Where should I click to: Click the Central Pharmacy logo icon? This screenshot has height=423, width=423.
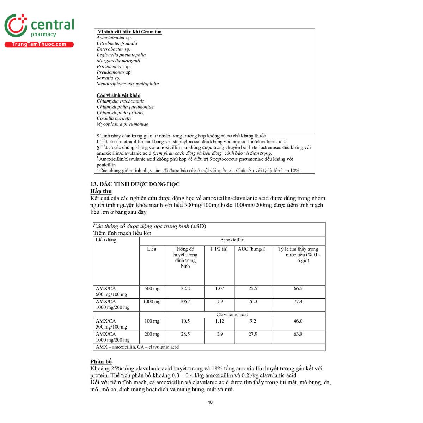point(16,25)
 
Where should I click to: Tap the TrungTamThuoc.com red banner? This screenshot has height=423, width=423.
point(39,44)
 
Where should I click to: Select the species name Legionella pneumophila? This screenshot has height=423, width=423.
point(121,55)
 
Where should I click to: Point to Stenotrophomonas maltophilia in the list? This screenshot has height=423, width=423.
point(128,84)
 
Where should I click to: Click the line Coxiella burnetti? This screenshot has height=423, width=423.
point(114,118)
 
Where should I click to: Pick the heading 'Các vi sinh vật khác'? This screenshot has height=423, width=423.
point(118,96)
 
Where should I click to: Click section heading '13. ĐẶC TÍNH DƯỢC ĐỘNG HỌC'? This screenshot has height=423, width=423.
point(135,184)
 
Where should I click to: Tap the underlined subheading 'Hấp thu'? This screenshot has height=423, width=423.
point(101,191)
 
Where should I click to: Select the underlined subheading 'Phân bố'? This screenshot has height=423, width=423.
point(101,362)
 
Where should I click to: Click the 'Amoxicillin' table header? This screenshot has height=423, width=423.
point(232,240)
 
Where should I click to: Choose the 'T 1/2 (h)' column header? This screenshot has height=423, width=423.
point(219,249)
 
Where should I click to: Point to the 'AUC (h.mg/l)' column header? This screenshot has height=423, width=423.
point(252,249)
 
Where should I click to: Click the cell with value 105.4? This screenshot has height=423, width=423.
point(185,302)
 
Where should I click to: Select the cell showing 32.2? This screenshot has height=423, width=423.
point(185,289)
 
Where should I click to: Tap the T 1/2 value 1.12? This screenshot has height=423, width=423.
point(220,321)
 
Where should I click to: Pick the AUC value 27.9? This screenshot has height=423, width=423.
point(253,334)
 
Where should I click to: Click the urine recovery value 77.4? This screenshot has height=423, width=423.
point(298,302)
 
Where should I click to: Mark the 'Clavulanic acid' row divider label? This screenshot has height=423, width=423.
point(232,314)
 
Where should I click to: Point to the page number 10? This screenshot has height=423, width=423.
point(210,402)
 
